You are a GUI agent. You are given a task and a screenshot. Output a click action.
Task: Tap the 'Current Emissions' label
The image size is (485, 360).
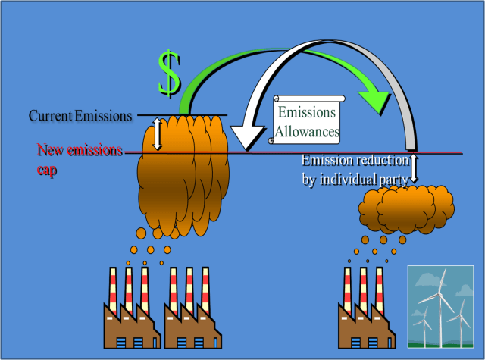tap(80, 116)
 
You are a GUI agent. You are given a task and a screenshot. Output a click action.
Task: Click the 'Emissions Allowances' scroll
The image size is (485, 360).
tap(307, 121)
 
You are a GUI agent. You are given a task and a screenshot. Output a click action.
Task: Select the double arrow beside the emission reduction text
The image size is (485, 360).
tap(415, 169)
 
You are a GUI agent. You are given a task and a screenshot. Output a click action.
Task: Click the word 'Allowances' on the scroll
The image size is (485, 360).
tap(307, 131)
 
